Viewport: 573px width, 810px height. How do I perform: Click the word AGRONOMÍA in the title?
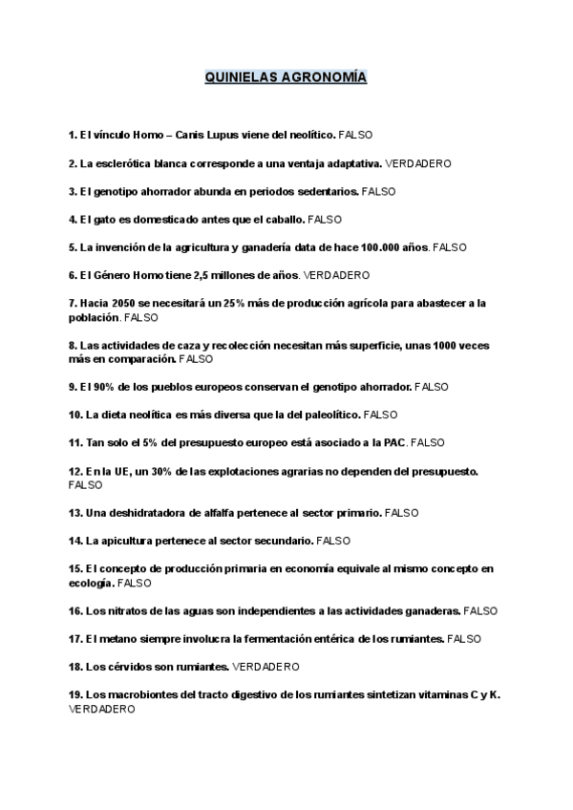325,77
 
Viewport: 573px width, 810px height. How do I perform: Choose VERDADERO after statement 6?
335,275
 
